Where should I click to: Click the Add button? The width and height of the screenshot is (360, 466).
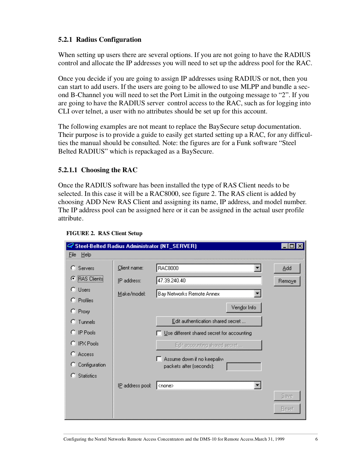click(x=287, y=268)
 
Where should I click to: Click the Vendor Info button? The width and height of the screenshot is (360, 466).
click(x=244, y=307)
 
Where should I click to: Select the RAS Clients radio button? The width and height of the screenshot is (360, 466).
click(x=73, y=279)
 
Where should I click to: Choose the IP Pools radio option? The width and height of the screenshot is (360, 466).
click(x=73, y=332)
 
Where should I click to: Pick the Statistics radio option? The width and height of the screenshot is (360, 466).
click(x=73, y=375)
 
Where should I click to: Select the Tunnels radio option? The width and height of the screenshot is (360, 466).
click(x=73, y=321)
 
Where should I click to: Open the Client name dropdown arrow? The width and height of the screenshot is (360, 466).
click(x=257, y=268)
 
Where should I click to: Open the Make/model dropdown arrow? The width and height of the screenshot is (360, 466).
click(x=257, y=294)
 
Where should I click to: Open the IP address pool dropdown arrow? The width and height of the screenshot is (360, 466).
click(x=257, y=385)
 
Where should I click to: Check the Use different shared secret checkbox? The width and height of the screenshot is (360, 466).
click(x=159, y=333)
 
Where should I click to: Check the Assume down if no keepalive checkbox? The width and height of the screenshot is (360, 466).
click(x=159, y=359)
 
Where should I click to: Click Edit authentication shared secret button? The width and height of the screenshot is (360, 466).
click(x=209, y=321)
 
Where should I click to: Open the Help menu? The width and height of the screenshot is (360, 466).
click(x=86, y=255)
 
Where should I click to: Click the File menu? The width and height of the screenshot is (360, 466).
click(x=72, y=255)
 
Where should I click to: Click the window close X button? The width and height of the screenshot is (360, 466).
click(x=300, y=246)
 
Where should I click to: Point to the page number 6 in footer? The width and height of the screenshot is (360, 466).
click(x=316, y=439)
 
